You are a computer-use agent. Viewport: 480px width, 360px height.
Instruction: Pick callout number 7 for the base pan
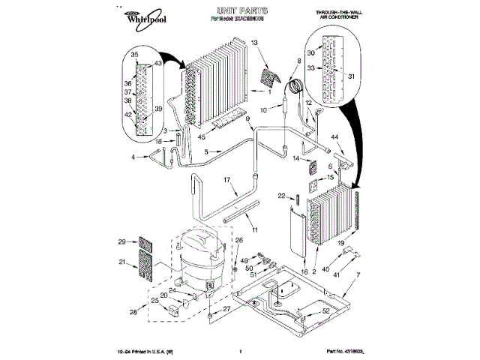point(358,276)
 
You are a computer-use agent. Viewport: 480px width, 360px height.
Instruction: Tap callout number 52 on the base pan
point(325,311)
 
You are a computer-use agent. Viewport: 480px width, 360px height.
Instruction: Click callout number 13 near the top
point(254,44)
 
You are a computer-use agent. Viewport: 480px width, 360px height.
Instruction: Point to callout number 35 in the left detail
point(135,55)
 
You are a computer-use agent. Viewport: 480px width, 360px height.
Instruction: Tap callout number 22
point(282,196)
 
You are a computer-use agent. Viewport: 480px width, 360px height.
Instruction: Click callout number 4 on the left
point(133,157)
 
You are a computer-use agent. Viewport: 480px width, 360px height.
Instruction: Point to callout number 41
point(335,276)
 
